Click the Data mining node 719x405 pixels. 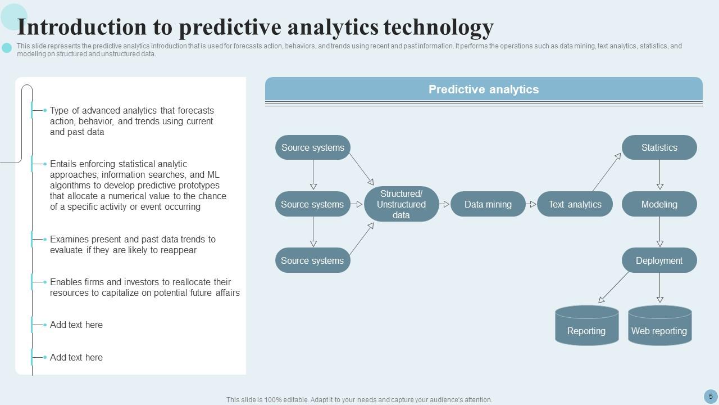point(488,204)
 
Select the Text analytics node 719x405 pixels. point(575,204)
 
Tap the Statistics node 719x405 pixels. point(659,147)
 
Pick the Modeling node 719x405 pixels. point(659,204)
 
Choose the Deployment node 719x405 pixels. point(659,260)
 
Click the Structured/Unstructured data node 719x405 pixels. point(401,204)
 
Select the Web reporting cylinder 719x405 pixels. point(660,325)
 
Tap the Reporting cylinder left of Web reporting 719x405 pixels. point(587,325)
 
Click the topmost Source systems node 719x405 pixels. point(313,147)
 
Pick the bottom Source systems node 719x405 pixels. point(313,260)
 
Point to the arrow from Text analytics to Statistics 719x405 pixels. point(607,172)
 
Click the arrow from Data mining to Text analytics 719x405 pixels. point(531,204)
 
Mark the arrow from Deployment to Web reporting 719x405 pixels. point(660,288)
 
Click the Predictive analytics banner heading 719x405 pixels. point(484,89)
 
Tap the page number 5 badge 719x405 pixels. point(711,397)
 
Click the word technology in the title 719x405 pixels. point(439,28)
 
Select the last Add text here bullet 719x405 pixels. point(76,357)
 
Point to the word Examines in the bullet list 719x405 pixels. point(69,240)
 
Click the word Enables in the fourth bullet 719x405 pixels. point(66,282)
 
